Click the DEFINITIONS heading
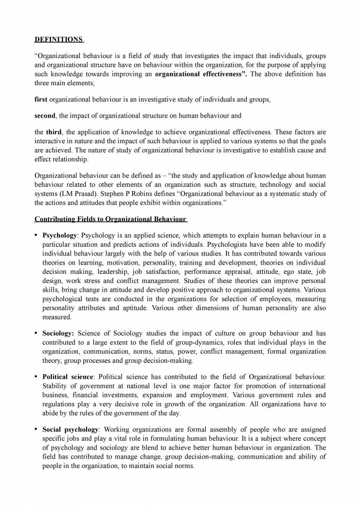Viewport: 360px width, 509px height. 58,39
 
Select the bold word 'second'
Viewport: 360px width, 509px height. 45,116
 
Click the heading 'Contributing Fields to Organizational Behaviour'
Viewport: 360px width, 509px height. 110,219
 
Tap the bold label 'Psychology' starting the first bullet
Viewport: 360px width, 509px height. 60,235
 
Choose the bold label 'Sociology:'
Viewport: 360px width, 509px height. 58,333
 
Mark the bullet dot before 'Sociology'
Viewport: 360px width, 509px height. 36,333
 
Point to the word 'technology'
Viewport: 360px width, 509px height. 274,185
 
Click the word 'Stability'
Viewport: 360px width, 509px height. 56,386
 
